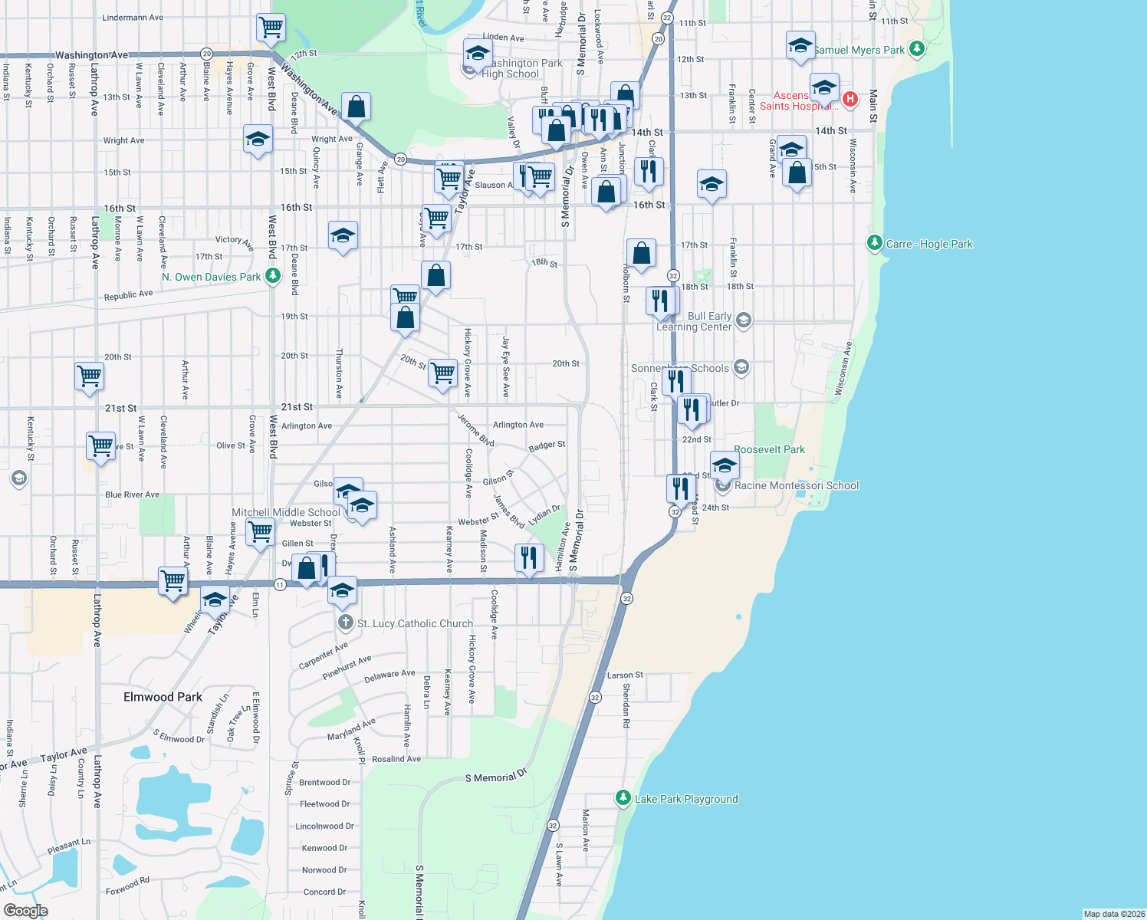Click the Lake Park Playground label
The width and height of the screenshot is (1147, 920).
[x=686, y=799]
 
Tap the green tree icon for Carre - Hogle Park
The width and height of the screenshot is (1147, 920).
[x=874, y=243]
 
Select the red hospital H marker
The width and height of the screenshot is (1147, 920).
[x=850, y=99]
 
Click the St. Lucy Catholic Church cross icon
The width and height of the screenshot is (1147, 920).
[x=346, y=623]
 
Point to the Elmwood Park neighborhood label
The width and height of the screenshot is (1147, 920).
[x=163, y=697]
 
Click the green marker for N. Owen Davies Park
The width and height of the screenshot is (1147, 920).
[x=272, y=276]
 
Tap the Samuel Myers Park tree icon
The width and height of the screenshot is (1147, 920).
[x=916, y=49]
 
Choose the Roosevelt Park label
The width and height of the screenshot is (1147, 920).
[x=769, y=449]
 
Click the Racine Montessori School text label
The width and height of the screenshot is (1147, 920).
[x=797, y=485]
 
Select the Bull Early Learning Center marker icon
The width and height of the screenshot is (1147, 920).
[x=743, y=320]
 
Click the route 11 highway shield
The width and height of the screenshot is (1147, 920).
[x=280, y=585]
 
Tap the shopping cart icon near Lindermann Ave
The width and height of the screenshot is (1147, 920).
[x=271, y=27]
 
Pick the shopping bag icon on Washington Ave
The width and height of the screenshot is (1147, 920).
[x=356, y=107]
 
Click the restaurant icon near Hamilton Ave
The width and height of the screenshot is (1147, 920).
[x=529, y=557]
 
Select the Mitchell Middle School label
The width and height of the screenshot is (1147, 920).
[x=285, y=512]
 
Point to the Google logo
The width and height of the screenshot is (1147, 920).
[x=26, y=911]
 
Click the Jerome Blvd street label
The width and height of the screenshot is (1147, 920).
[x=475, y=430]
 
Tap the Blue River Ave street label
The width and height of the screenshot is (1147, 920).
[x=132, y=495]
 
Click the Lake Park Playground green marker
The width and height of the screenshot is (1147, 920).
[x=623, y=798]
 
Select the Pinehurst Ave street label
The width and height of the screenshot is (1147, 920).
[x=347, y=667]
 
